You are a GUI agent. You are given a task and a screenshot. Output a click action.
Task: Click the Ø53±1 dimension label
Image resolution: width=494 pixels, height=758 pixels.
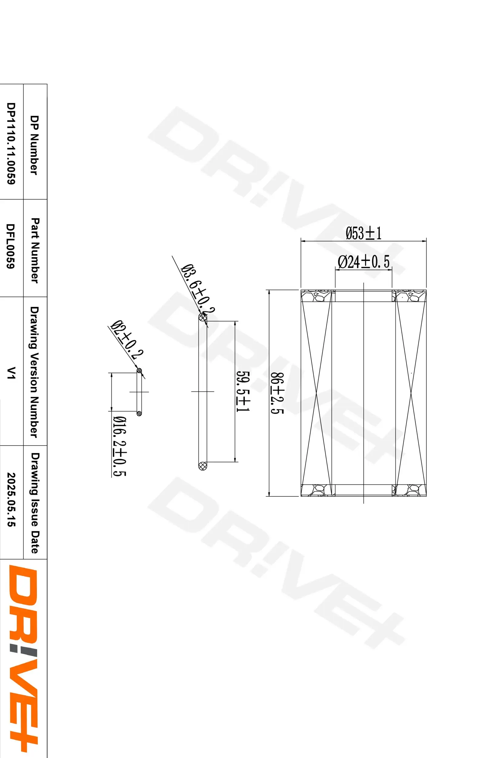coord(363,233)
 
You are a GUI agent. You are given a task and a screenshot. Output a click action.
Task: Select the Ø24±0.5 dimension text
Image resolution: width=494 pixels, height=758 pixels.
coord(363,262)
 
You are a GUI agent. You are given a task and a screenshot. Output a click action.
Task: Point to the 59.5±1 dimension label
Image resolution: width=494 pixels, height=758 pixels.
coord(243,391)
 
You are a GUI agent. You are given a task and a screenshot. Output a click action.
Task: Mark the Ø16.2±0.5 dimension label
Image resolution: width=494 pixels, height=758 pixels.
coord(119,446)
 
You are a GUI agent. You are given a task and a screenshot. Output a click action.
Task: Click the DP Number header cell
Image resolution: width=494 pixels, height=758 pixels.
coord(34,145)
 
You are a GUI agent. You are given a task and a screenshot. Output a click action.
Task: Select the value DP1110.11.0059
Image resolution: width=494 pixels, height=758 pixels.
coord(11,143)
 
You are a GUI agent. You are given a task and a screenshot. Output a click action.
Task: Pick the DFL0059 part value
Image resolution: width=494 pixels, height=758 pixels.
coord(11,246)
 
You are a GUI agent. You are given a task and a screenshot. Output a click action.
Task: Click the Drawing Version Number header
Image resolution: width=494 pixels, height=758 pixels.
coord(34,372)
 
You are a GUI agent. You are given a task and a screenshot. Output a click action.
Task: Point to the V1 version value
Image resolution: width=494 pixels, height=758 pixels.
coord(12,373)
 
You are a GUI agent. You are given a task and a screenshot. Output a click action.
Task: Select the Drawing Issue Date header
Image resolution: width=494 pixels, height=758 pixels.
coord(35,503)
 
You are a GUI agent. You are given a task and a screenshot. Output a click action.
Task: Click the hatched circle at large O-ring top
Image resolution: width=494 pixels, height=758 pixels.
coord(202,317)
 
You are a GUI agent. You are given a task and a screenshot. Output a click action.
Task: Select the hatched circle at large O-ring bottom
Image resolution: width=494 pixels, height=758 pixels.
coord(202,466)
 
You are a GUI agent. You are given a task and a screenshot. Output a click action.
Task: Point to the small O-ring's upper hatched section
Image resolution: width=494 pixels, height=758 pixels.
coord(139,371)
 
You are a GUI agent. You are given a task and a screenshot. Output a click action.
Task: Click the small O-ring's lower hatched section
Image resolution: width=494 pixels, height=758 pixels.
coord(139,413)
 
